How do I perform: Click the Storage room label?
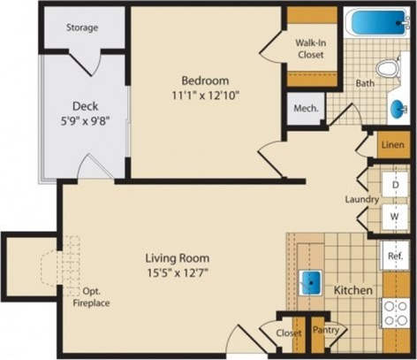coord(82,28)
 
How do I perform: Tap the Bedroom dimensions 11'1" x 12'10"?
coord(206,95)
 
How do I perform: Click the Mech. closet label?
coord(307,110)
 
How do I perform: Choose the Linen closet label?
coord(392,144)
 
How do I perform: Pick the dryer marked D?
coord(395,183)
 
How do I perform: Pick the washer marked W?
coord(395,215)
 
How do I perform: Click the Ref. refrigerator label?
coord(395,257)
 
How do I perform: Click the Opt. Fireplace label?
coord(93,295)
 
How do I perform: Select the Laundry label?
coord(362,199)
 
